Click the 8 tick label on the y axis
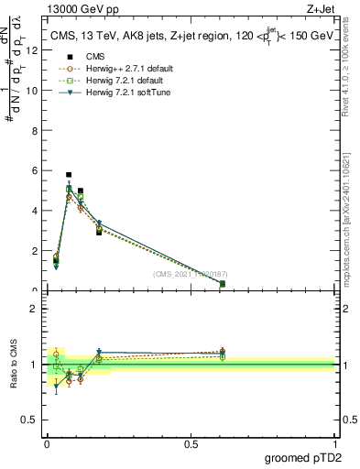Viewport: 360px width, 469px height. point(34,131)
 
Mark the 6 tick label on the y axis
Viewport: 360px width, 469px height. point(34,170)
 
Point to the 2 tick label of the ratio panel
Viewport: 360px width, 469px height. point(34,309)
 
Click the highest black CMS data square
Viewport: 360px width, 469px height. point(69,174)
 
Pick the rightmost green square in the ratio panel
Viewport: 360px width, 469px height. point(223,356)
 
